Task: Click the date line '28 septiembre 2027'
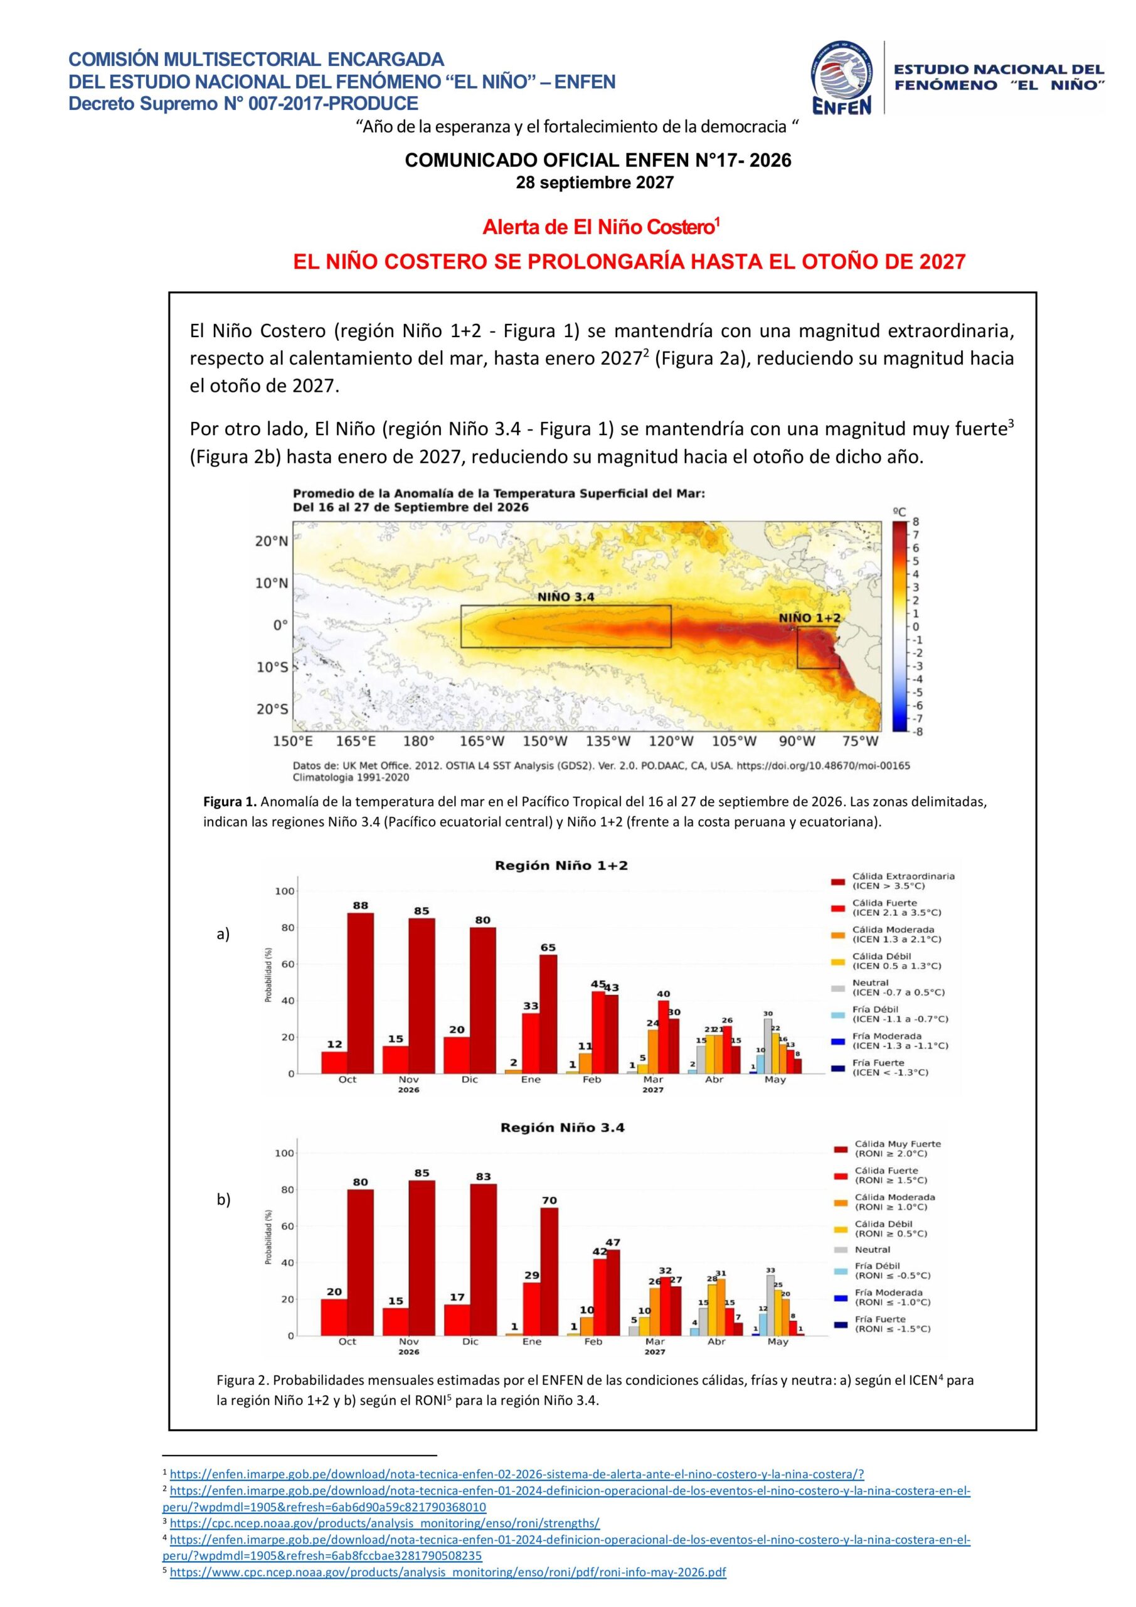click(595, 183)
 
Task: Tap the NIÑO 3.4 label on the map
click(566, 597)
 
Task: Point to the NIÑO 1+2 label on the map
click(809, 618)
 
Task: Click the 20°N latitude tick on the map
click(272, 541)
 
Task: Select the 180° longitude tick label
click(418, 741)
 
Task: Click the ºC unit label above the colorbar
click(900, 512)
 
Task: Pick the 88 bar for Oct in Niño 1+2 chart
click(360, 993)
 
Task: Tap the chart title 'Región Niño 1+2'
click(561, 865)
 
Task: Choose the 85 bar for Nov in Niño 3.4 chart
click(422, 1258)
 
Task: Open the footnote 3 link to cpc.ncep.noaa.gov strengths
click(385, 1522)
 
